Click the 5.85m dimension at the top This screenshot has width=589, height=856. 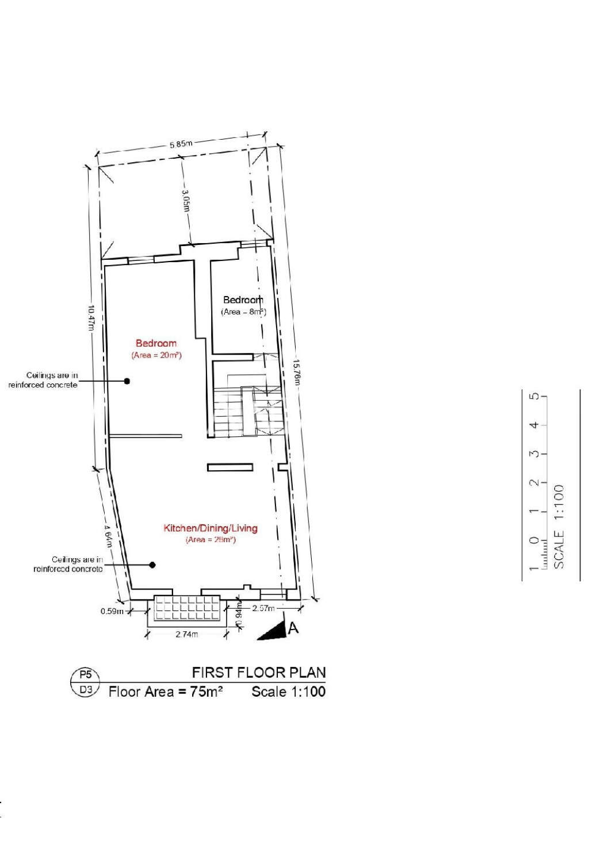point(181,144)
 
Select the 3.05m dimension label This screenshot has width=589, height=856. point(186,200)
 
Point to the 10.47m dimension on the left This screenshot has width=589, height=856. point(91,317)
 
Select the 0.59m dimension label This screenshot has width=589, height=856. point(112,611)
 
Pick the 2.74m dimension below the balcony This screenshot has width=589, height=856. point(186,634)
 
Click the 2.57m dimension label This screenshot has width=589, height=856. point(263,608)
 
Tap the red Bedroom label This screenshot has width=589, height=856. point(156,343)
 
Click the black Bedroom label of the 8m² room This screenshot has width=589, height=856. point(243,300)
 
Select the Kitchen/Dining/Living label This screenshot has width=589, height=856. point(211,528)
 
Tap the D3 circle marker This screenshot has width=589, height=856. point(85,689)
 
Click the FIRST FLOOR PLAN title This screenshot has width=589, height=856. point(258,672)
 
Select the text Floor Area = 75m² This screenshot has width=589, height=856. point(166,692)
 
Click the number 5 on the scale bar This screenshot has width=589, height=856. point(535,397)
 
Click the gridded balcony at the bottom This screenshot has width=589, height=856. point(188,608)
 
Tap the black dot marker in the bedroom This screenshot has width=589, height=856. point(127,381)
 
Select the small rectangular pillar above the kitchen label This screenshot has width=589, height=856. point(230,467)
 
